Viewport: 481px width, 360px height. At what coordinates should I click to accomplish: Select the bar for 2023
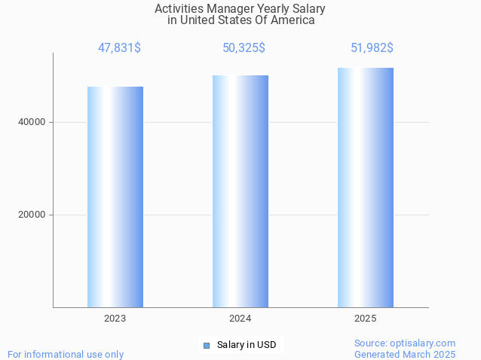(x=115, y=197)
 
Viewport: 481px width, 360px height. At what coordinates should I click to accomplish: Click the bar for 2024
(x=240, y=191)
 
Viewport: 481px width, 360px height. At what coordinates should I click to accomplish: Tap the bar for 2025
(x=365, y=188)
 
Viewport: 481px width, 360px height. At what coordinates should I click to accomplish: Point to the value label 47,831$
(x=119, y=48)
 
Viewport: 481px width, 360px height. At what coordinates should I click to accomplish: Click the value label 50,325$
(x=244, y=48)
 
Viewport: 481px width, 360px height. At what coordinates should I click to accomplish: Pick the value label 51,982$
(x=372, y=48)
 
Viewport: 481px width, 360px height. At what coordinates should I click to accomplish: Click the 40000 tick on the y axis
(x=32, y=122)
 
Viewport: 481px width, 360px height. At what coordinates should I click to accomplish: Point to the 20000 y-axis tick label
(x=32, y=215)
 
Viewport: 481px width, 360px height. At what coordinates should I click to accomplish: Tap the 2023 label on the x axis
(x=115, y=319)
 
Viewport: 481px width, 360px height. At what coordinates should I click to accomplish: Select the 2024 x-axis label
(x=240, y=319)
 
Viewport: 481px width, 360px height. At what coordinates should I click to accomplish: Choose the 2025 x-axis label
(x=365, y=319)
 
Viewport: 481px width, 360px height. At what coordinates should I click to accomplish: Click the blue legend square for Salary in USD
(x=207, y=346)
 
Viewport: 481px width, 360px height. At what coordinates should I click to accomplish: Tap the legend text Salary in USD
(x=247, y=346)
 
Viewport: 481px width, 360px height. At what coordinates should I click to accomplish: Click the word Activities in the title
(x=177, y=9)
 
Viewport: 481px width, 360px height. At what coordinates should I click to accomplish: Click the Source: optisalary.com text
(x=405, y=343)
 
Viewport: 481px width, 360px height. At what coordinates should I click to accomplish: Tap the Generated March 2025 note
(x=405, y=354)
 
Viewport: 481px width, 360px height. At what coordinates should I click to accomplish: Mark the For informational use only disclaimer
(x=66, y=354)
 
